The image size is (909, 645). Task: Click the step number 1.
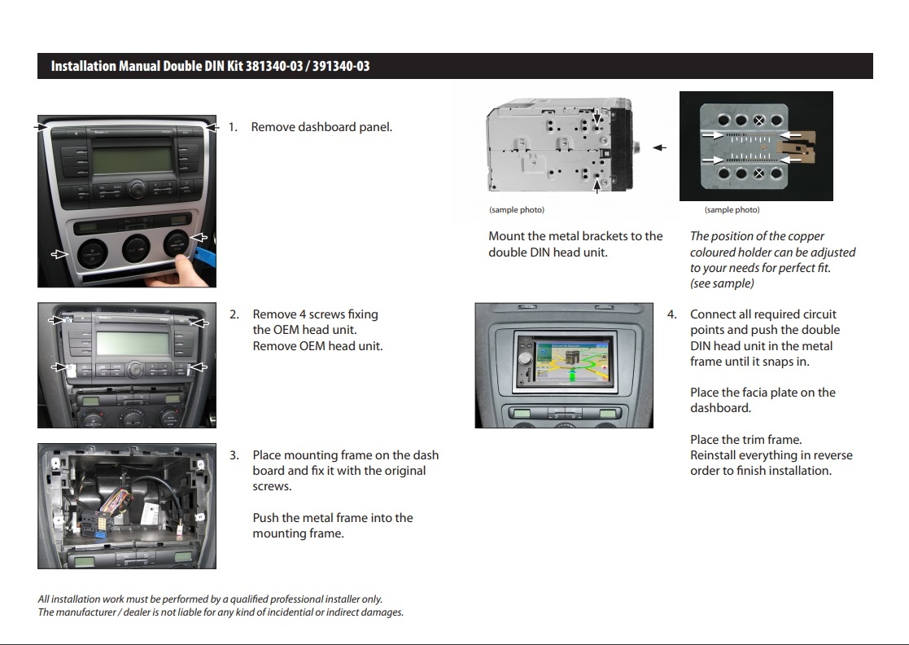[x=232, y=127]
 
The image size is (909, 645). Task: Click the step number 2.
[x=234, y=314]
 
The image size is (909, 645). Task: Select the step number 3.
[x=234, y=455]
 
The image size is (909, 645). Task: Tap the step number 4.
[x=671, y=314]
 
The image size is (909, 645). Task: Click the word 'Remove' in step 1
[x=273, y=127]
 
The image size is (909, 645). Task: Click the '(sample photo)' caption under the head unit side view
[x=517, y=210]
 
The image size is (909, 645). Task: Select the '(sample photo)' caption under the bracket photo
[x=732, y=210]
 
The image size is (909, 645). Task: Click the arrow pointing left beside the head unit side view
[x=659, y=148]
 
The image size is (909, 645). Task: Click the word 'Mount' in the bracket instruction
[x=506, y=236]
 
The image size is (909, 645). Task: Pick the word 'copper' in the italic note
[x=781, y=236]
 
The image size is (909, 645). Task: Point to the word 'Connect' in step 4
[x=714, y=314]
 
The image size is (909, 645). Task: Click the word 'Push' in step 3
[x=265, y=518]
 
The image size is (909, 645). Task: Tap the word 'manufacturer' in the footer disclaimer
[x=84, y=612]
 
